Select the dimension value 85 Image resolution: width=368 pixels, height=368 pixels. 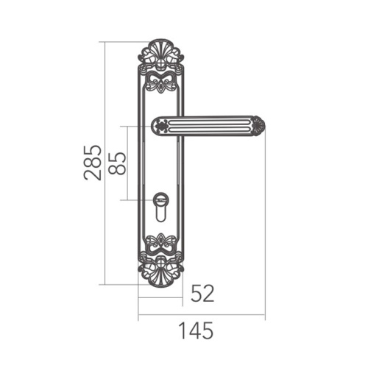point(118,163)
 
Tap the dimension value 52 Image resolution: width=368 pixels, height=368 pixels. point(202,294)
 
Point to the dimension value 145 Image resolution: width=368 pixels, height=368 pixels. point(194,331)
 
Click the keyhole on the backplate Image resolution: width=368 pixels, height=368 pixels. point(160,213)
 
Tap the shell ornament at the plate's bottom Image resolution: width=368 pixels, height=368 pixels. point(160,275)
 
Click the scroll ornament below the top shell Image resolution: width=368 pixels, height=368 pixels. point(160,79)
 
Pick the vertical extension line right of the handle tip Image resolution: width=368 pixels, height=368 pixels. point(266,221)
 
